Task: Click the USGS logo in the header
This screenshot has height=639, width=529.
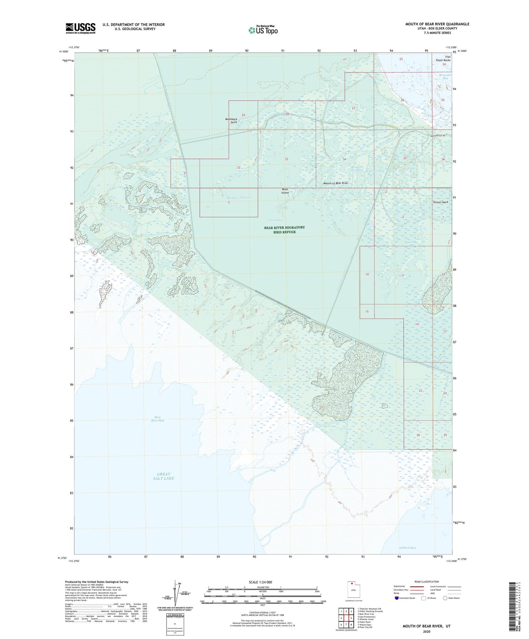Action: tap(80, 28)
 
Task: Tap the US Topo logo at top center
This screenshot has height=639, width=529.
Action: tap(263, 30)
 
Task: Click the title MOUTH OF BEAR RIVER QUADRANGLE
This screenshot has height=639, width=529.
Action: tap(437, 24)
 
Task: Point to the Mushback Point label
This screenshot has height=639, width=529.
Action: tap(231, 121)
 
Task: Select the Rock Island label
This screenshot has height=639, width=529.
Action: tap(285, 191)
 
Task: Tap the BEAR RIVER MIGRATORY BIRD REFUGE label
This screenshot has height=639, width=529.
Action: tap(284, 229)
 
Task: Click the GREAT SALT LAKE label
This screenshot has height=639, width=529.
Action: tap(164, 476)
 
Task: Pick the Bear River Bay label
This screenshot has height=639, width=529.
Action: tap(158, 419)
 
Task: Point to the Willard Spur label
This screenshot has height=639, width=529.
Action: tap(408, 548)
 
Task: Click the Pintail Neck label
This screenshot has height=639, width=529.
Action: tap(440, 202)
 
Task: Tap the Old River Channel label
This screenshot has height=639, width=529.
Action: tap(239, 198)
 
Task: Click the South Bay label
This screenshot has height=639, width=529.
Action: tap(275, 220)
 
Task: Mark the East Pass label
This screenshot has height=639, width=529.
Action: tap(412, 242)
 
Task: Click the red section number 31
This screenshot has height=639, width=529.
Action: tap(185, 173)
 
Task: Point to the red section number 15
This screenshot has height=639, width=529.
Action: tap(367, 312)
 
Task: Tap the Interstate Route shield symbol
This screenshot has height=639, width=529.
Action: tap(396, 598)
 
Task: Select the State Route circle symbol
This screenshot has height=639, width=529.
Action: tap(445, 598)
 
